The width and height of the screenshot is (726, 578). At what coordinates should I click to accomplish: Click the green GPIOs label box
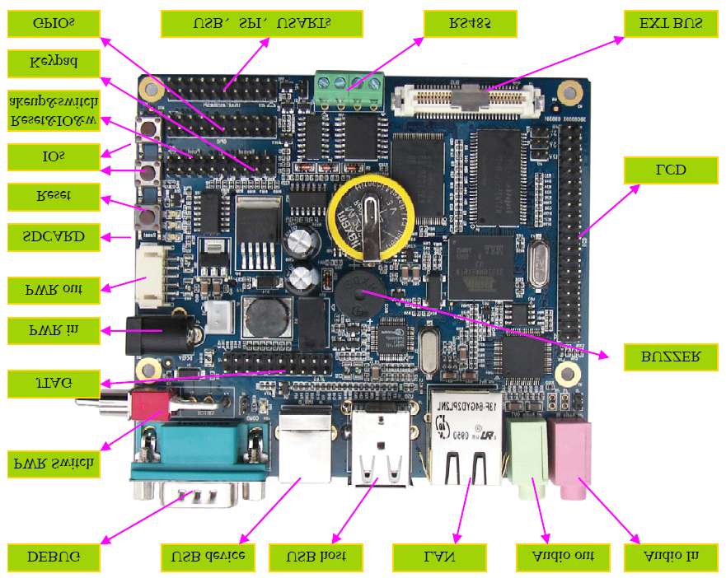pyautogui.click(x=53, y=24)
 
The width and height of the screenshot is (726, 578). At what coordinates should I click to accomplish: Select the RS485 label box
pyautogui.click(x=470, y=24)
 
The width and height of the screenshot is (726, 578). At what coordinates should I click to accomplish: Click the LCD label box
pyautogui.click(x=665, y=170)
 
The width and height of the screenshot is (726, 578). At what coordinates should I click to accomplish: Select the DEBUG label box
pyautogui.click(x=53, y=557)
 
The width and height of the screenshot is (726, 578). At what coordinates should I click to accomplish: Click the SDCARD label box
pyautogui.click(x=53, y=237)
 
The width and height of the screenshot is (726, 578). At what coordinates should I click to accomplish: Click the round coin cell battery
pyautogui.click(x=370, y=218)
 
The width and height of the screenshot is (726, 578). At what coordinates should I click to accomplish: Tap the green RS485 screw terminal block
pyautogui.click(x=349, y=86)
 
